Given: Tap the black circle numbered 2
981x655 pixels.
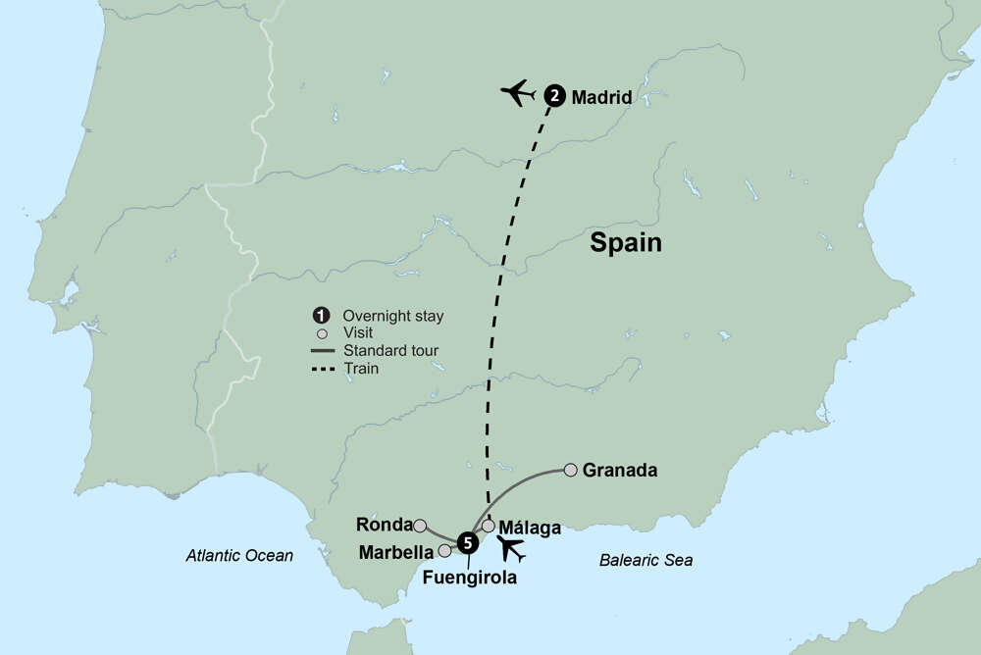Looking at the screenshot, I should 554,96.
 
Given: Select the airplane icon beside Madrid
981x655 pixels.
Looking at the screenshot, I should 519,93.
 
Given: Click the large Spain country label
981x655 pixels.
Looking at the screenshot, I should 626,243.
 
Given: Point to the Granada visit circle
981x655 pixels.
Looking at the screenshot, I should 570,471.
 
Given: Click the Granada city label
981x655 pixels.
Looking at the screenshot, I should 619,471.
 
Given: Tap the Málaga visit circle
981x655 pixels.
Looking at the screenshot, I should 489,526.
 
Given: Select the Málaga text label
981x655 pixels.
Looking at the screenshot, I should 531,528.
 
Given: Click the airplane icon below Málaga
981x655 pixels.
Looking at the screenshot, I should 511,549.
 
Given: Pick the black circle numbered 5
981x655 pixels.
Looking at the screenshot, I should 468,541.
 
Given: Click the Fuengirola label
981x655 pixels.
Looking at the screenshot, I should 469,578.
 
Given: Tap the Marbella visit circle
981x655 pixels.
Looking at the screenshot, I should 444,550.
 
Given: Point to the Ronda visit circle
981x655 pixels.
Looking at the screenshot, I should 420,525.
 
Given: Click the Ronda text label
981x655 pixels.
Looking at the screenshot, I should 385,525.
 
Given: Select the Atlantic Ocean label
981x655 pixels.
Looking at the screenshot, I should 239,556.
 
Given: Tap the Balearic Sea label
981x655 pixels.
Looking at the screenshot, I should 645,561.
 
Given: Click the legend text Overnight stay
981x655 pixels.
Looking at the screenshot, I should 392,316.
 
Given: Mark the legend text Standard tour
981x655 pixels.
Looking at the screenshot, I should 390,351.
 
